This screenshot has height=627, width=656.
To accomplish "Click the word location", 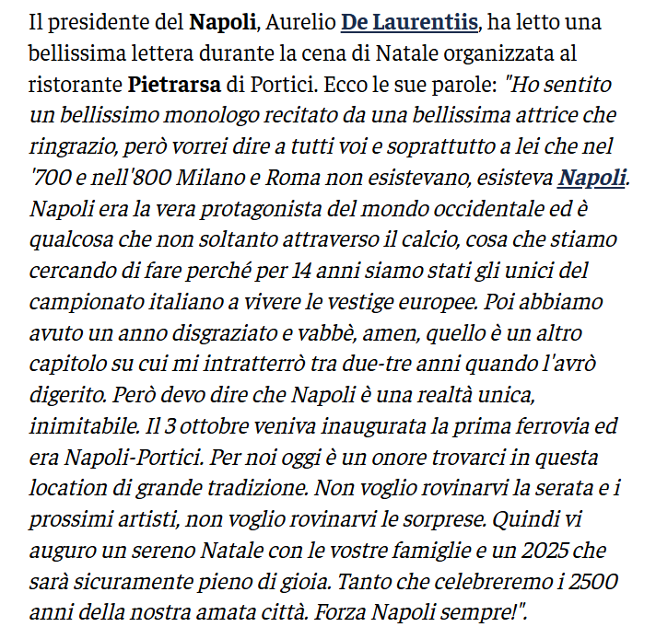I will coord(67,493).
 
